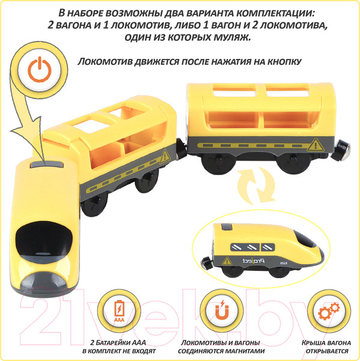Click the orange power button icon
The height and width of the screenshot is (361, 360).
(40, 69)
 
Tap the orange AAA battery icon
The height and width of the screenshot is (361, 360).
(119, 310)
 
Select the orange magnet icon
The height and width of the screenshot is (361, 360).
(222, 310)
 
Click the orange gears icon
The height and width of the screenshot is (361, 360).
(329, 311)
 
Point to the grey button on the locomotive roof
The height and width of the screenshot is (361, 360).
(47, 165)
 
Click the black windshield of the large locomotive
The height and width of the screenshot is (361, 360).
(44, 239)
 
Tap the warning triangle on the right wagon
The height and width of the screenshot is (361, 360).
(316, 145)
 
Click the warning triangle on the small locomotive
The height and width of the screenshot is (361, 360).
(227, 261)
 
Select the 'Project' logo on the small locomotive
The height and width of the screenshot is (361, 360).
(254, 261)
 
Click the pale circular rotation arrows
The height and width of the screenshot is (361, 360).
(256, 185)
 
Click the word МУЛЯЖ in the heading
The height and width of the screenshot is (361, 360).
(232, 37)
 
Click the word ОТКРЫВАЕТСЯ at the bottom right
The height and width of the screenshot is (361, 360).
(327, 351)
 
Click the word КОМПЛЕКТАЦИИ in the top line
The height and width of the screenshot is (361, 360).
(275, 13)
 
